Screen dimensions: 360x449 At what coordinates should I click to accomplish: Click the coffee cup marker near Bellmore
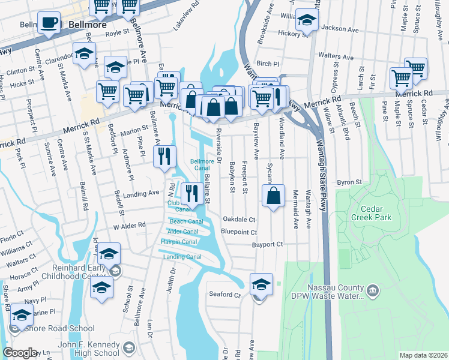(50, 23)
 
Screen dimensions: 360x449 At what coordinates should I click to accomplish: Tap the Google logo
(20, 353)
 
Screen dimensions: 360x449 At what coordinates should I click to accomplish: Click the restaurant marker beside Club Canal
(191, 193)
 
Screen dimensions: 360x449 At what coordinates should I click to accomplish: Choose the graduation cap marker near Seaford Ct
(261, 283)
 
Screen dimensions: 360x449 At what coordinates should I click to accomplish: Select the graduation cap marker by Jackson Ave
(307, 20)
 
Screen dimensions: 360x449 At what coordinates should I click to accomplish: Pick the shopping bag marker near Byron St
(273, 196)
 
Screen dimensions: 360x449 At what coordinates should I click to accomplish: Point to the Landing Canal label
(182, 257)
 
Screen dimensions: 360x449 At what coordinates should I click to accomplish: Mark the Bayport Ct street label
(267, 244)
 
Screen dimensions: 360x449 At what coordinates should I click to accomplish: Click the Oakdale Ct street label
(239, 220)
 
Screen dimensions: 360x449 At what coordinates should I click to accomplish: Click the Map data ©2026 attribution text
(423, 355)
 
